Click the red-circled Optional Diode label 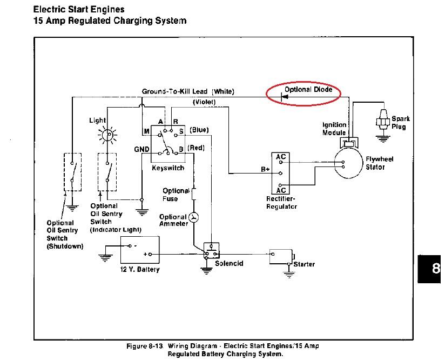[x=308, y=89]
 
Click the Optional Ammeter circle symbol [x=194, y=217]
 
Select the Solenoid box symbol [x=211, y=251]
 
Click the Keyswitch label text [x=168, y=168]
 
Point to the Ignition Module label [x=334, y=129]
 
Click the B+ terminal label [x=265, y=169]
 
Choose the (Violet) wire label [x=204, y=102]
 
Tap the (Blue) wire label [x=199, y=130]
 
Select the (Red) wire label [x=196, y=148]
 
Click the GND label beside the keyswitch [x=141, y=149]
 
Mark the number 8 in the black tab [x=436, y=269]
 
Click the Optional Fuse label [x=176, y=195]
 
